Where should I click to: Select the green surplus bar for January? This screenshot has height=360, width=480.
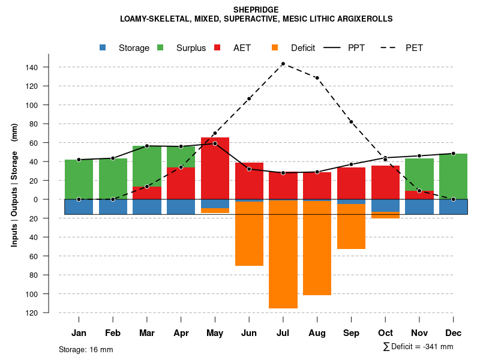click(x=79, y=179)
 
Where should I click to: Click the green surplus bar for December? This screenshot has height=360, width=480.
click(x=453, y=176)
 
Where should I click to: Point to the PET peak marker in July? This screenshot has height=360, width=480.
click(x=283, y=64)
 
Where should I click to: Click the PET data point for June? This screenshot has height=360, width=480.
click(x=249, y=98)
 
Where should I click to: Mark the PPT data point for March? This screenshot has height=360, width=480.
click(x=147, y=146)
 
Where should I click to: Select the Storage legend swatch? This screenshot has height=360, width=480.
click(x=103, y=48)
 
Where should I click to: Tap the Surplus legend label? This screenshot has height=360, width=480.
click(x=191, y=48)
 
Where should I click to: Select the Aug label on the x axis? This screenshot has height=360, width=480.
click(x=317, y=333)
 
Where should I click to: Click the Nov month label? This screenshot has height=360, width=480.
click(x=419, y=333)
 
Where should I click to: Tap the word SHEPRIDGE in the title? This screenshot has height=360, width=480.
click(x=256, y=10)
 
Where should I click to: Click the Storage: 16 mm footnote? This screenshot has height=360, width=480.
click(x=86, y=349)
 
